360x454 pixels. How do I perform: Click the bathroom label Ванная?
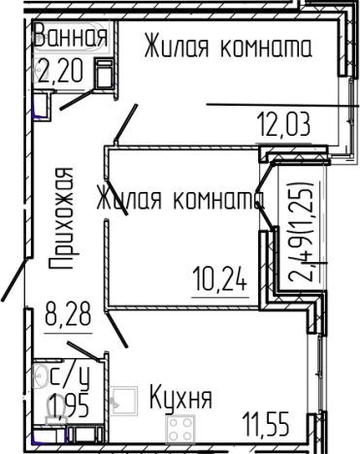69,38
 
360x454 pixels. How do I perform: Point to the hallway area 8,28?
67,315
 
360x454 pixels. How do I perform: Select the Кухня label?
180,397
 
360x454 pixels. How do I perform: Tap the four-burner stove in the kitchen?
180,430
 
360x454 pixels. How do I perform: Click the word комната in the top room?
263,47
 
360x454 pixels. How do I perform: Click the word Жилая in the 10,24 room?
130,201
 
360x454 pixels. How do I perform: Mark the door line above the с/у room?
82,348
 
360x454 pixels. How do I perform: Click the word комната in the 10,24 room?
215,201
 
